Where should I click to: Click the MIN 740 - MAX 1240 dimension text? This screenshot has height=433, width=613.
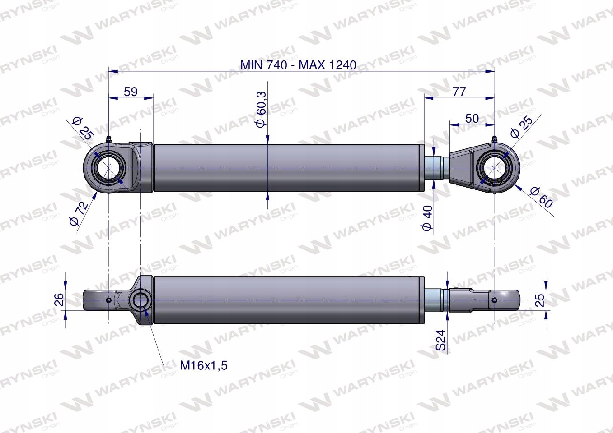tap(298, 65)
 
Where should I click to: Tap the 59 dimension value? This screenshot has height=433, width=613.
tap(131, 92)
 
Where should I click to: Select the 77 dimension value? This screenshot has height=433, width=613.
tap(459, 92)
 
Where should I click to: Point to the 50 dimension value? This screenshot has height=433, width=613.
tap(472, 119)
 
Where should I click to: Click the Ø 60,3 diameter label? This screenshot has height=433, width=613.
tap(262, 109)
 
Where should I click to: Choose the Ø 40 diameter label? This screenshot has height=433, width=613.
tap(427, 218)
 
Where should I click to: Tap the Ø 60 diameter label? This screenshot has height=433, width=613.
tap(541, 197)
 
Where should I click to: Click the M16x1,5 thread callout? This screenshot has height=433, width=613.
tap(204, 365)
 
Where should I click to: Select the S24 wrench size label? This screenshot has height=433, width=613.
tap(441, 340)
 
